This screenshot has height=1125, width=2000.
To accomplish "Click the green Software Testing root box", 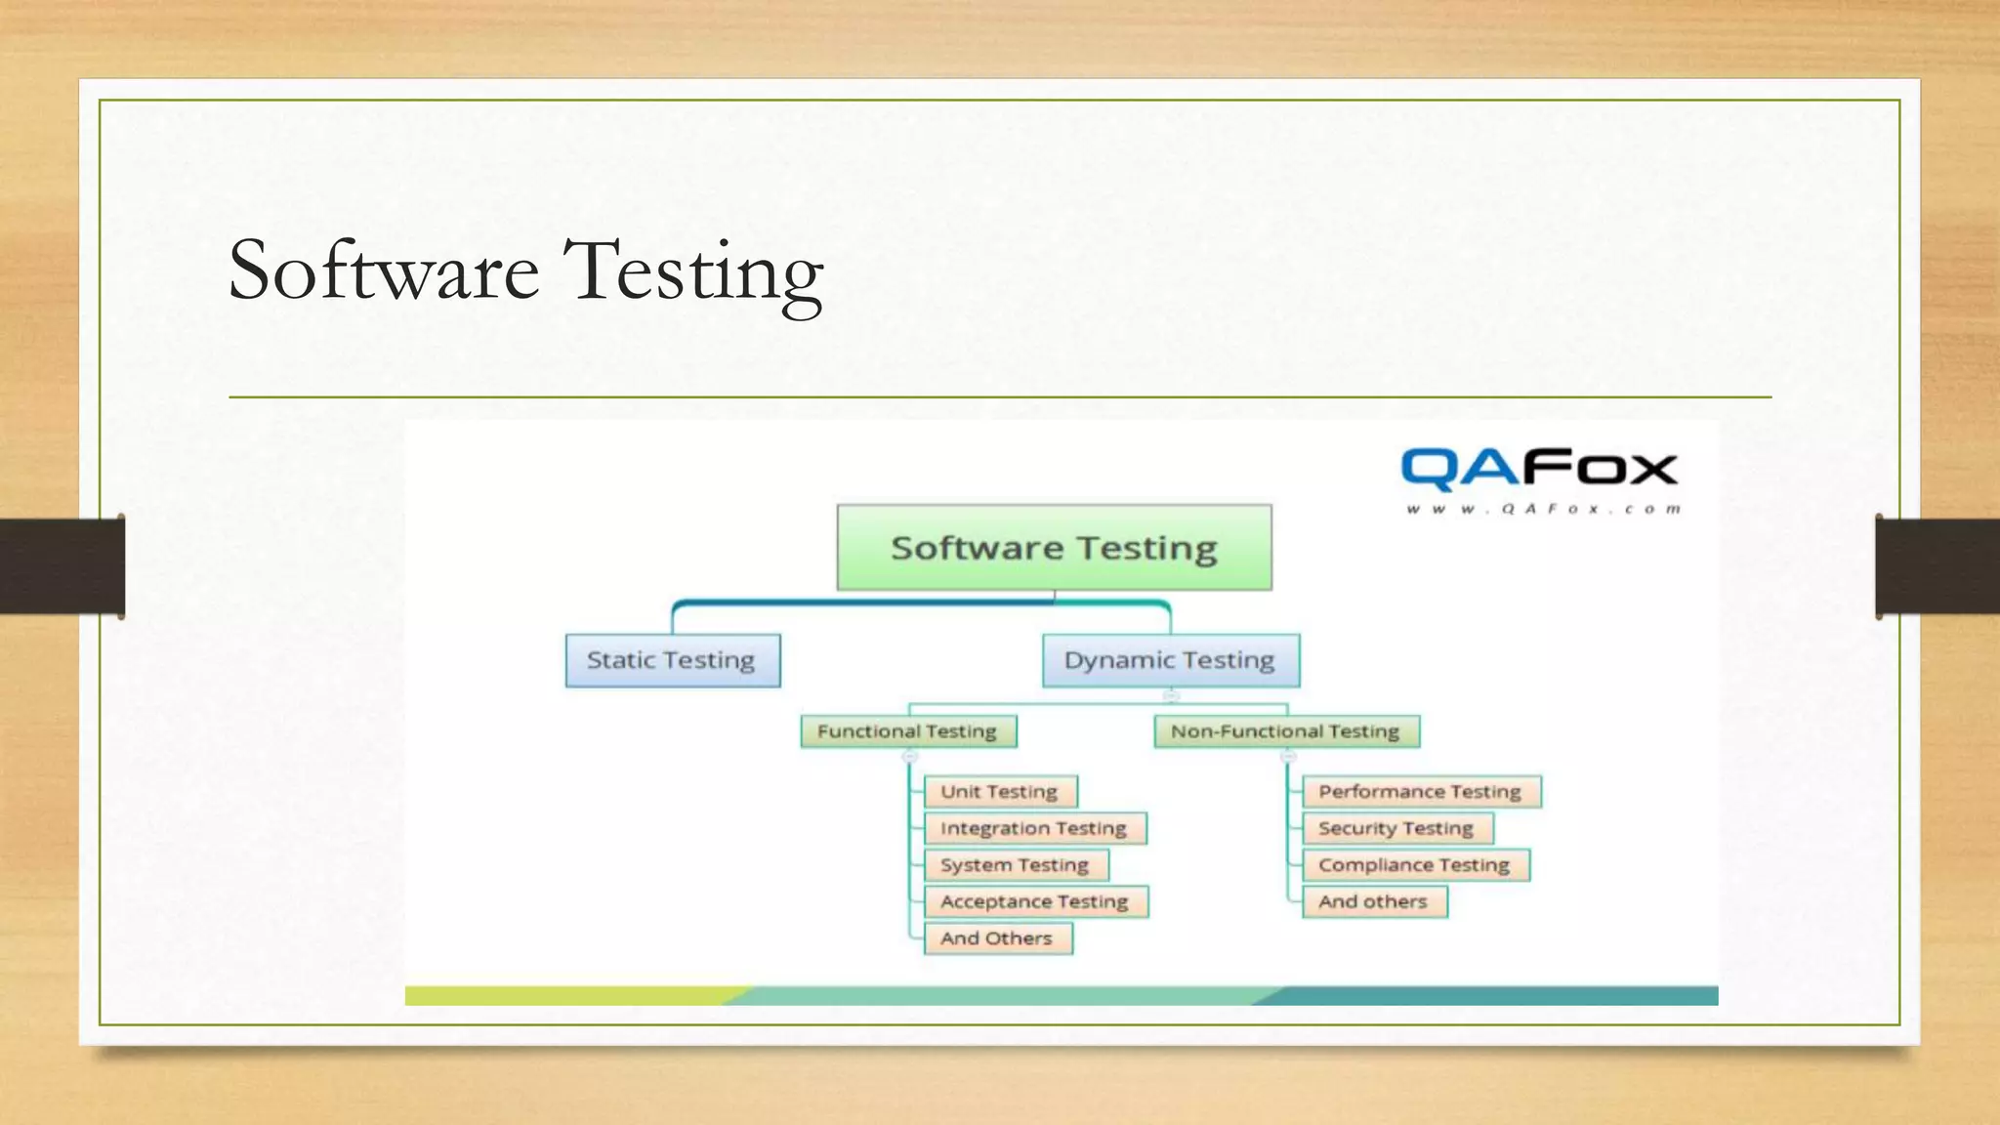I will point(1054,547).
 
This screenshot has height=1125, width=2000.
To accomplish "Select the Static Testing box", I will point(672,660).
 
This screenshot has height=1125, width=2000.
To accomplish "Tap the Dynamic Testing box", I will point(1170,660).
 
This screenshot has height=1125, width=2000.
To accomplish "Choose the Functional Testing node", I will point(907,731).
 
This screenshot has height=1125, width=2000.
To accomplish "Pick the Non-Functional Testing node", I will point(1285,731).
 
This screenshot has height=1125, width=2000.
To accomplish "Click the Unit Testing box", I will point(1000,792).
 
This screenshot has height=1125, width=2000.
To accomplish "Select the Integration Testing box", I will point(1034,828).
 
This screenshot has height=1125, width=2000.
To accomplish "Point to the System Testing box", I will point(1015,865).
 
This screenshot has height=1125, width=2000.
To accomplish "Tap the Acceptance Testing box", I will point(1035,901).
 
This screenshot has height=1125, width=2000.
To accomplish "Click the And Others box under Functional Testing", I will point(997,938).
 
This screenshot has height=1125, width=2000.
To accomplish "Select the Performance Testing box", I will point(1420,792).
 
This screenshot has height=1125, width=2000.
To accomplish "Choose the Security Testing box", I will point(1396,828).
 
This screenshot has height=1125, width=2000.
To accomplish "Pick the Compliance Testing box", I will point(1414,865).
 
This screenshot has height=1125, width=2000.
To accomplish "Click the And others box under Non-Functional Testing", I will point(1373,901).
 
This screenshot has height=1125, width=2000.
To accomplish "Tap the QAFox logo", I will point(1539,470).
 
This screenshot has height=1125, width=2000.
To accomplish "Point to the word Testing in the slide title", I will point(693,271).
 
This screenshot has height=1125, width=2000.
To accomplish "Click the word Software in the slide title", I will point(384,271).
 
